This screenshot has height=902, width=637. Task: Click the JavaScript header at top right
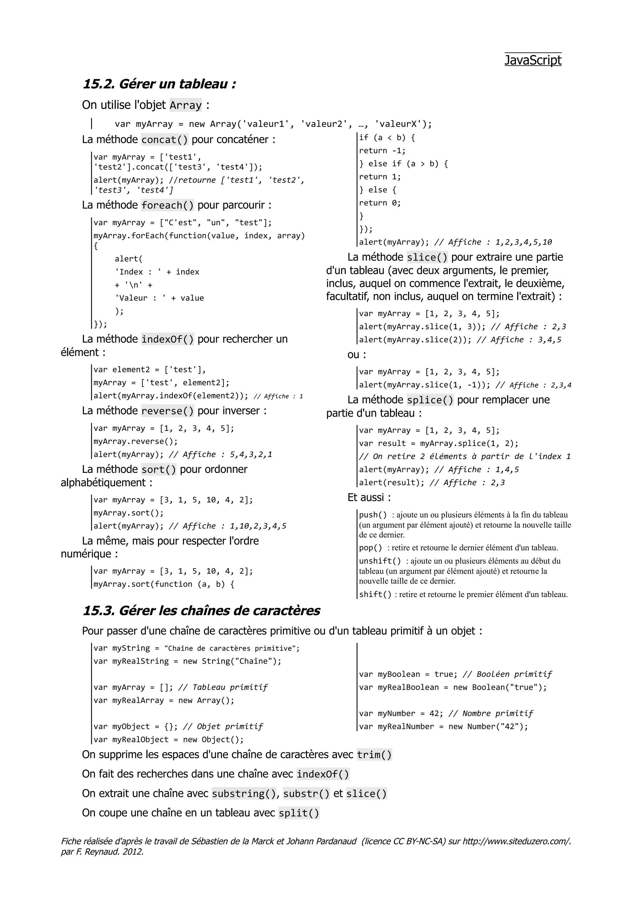point(532,60)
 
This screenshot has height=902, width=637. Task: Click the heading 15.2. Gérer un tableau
point(159,84)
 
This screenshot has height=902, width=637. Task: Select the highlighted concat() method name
point(165,140)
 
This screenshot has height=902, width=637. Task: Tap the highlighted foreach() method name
point(167,205)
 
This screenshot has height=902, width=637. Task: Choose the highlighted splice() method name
point(430,400)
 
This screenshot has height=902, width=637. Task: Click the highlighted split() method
point(299,813)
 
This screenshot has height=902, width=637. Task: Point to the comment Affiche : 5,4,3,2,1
point(220,454)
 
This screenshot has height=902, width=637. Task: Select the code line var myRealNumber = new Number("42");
point(443,727)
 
